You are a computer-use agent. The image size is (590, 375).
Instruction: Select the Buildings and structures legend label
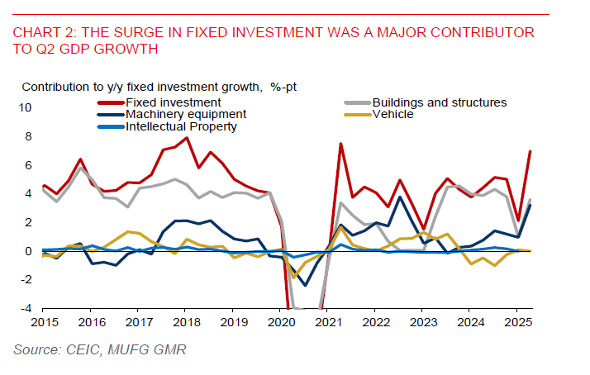[439, 102]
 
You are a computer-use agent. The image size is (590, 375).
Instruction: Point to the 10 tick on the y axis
[25, 108]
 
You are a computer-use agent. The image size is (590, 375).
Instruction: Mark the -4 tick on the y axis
[26, 309]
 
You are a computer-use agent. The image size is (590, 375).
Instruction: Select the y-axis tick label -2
[26, 280]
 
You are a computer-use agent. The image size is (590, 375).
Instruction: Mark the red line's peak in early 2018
[188, 137]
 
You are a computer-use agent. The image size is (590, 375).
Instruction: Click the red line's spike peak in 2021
[340, 144]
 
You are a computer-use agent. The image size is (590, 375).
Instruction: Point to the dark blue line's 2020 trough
[305, 286]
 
